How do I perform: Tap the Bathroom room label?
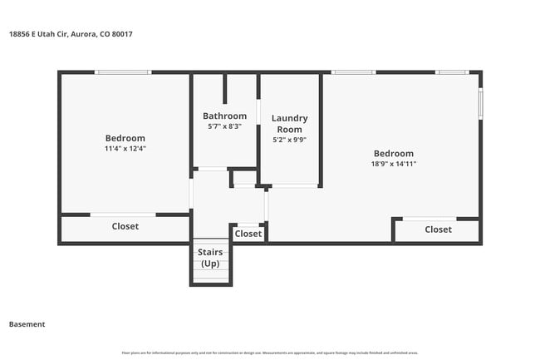224,116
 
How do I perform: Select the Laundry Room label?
289,124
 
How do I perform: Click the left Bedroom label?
125,138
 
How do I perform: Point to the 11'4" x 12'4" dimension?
125,149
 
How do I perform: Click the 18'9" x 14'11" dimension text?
393,164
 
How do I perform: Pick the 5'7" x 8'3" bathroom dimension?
224,126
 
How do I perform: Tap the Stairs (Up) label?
210,257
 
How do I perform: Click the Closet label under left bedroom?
125,226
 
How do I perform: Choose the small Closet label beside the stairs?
248,234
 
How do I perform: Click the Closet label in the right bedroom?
438,229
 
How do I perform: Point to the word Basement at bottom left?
27,324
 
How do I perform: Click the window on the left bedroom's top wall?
122,72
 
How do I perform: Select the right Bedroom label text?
393,153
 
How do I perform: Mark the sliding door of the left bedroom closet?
122,215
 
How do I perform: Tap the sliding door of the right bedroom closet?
429,219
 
